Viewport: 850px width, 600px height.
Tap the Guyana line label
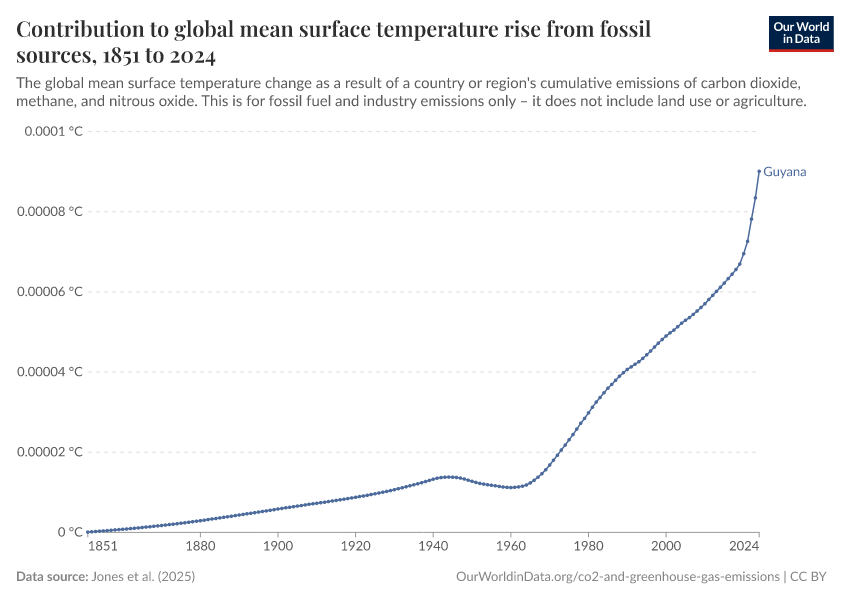point(784,172)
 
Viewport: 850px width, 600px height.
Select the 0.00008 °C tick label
point(49,212)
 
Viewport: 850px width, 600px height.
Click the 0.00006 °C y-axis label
point(49,292)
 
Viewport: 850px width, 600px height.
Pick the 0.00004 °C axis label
point(49,372)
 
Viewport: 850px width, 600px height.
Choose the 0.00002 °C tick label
point(49,452)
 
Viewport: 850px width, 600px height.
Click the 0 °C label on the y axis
point(68,532)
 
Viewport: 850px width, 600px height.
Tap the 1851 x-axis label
point(101,547)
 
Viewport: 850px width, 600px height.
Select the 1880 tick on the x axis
point(200,547)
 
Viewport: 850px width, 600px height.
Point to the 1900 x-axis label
point(278,547)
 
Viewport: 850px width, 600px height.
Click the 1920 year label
point(355,547)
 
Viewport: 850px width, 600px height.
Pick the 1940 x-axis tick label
point(433,547)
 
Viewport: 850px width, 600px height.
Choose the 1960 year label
point(510,547)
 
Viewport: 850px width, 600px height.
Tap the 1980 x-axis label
point(588,547)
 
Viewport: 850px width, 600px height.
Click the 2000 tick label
point(665,547)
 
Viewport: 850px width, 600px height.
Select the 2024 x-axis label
point(744,547)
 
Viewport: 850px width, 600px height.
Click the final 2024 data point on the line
point(759,171)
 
